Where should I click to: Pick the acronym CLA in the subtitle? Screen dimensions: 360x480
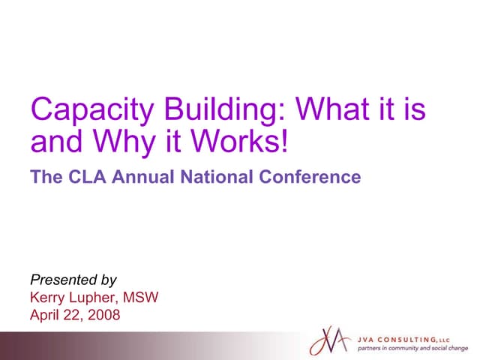point(83,178)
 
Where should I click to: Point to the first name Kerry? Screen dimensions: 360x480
point(47,298)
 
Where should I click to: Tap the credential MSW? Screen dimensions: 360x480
point(142,298)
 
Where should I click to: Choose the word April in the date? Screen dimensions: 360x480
point(44,315)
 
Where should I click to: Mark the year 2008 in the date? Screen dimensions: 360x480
point(104,315)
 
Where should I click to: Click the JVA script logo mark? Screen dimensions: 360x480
point(329,341)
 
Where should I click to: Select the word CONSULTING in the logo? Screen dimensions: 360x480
point(412,339)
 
